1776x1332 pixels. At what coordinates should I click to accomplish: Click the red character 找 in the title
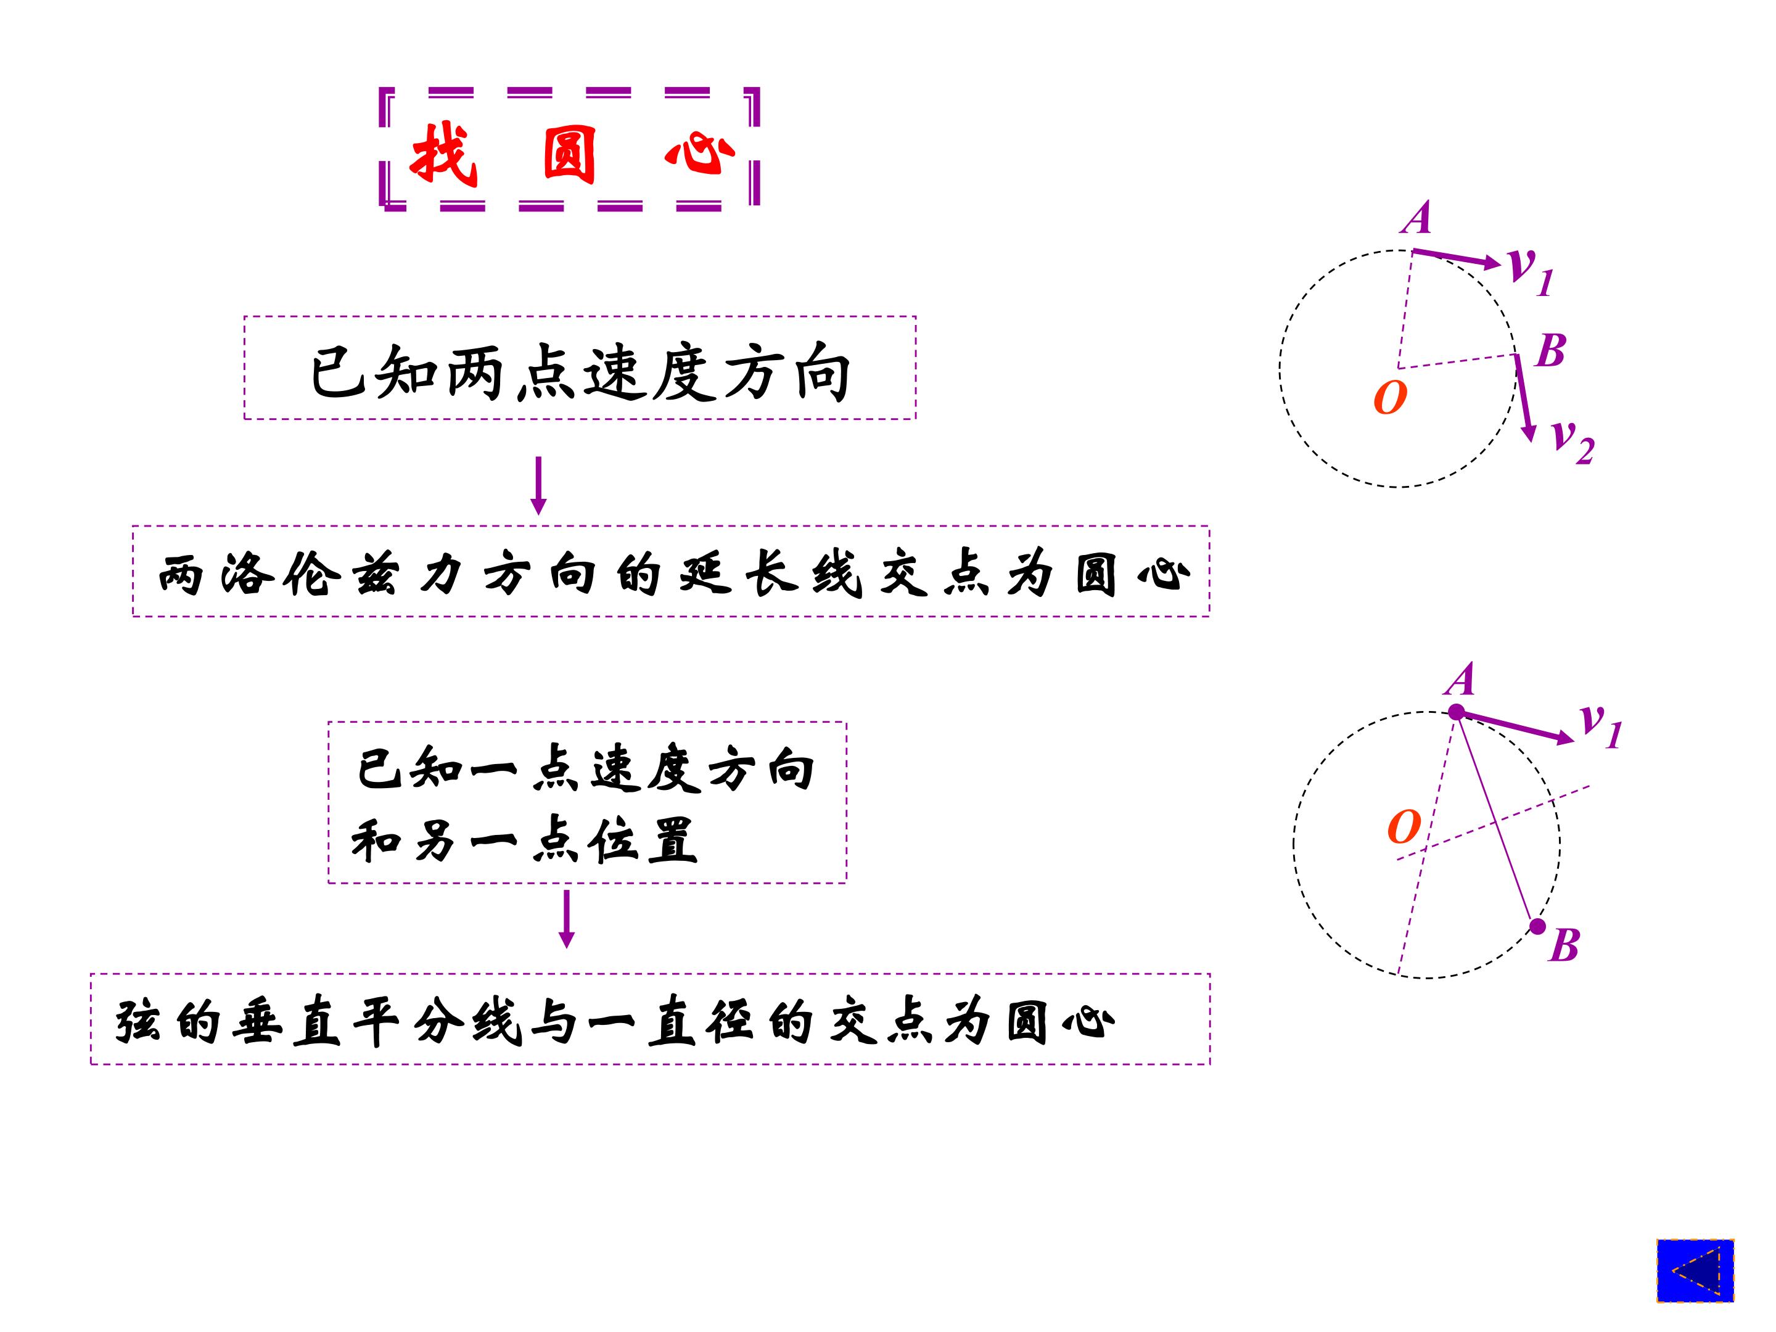pyautogui.click(x=443, y=154)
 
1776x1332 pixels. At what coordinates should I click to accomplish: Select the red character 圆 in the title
pyautogui.click(x=569, y=154)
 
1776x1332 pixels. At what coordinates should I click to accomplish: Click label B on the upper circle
pyautogui.click(x=1550, y=350)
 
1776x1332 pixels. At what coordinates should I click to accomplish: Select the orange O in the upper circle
pyautogui.click(x=1390, y=397)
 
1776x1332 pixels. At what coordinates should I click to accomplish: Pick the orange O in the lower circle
pyautogui.click(x=1404, y=827)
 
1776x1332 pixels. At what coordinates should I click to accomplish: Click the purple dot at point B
pyautogui.click(x=1537, y=926)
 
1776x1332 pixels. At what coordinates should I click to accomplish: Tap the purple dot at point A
pyautogui.click(x=1457, y=712)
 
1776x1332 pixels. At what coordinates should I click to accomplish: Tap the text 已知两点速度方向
pyautogui.click(x=580, y=372)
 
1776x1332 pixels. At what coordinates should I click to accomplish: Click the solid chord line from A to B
pyautogui.click(x=1497, y=819)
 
